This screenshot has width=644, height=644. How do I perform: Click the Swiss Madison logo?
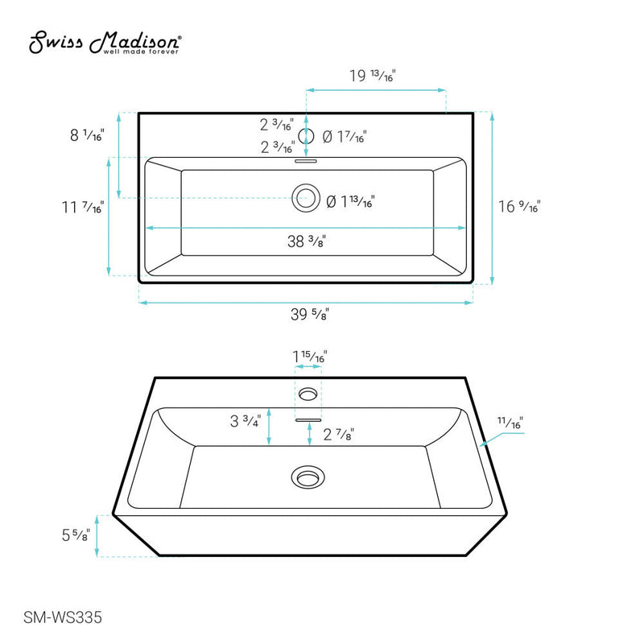click(x=105, y=43)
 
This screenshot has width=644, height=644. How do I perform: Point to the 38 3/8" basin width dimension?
click(x=306, y=240)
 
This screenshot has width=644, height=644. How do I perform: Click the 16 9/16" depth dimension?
click(x=518, y=206)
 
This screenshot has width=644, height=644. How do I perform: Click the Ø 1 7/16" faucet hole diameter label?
click(x=345, y=138)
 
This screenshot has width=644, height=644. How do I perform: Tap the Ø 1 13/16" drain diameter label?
click(x=350, y=202)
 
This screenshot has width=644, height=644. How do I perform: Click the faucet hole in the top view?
click(x=306, y=136)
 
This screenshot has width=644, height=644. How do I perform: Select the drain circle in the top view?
click(x=306, y=197)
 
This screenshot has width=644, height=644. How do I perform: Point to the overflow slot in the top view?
click(x=306, y=161)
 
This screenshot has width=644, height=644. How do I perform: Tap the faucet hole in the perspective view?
click(x=307, y=393)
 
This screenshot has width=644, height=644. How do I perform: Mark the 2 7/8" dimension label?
click(x=338, y=435)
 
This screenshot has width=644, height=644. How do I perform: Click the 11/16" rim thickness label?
click(x=509, y=421)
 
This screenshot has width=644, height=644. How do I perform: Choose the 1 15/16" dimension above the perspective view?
click(x=309, y=356)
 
